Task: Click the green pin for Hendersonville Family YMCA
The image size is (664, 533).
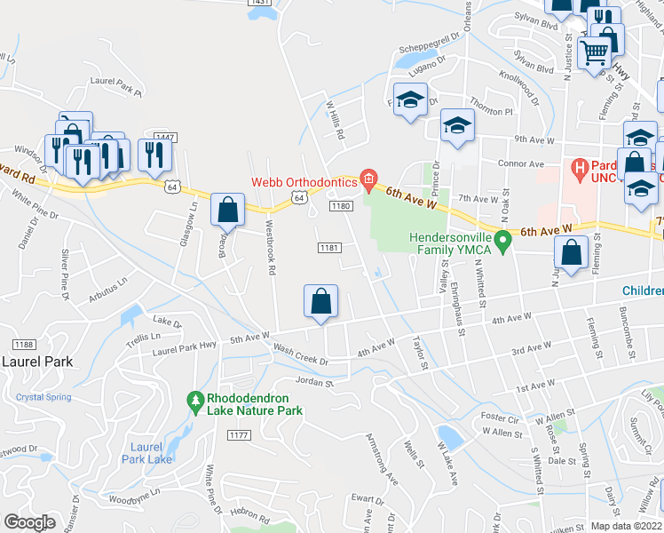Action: coord(502,240)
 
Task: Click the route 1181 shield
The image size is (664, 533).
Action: coord(328,248)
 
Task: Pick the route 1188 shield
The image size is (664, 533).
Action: coord(22,344)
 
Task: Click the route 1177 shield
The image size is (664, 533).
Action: coord(238,434)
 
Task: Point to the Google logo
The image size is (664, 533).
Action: coord(29,522)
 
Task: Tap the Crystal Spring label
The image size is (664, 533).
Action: coord(43,397)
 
